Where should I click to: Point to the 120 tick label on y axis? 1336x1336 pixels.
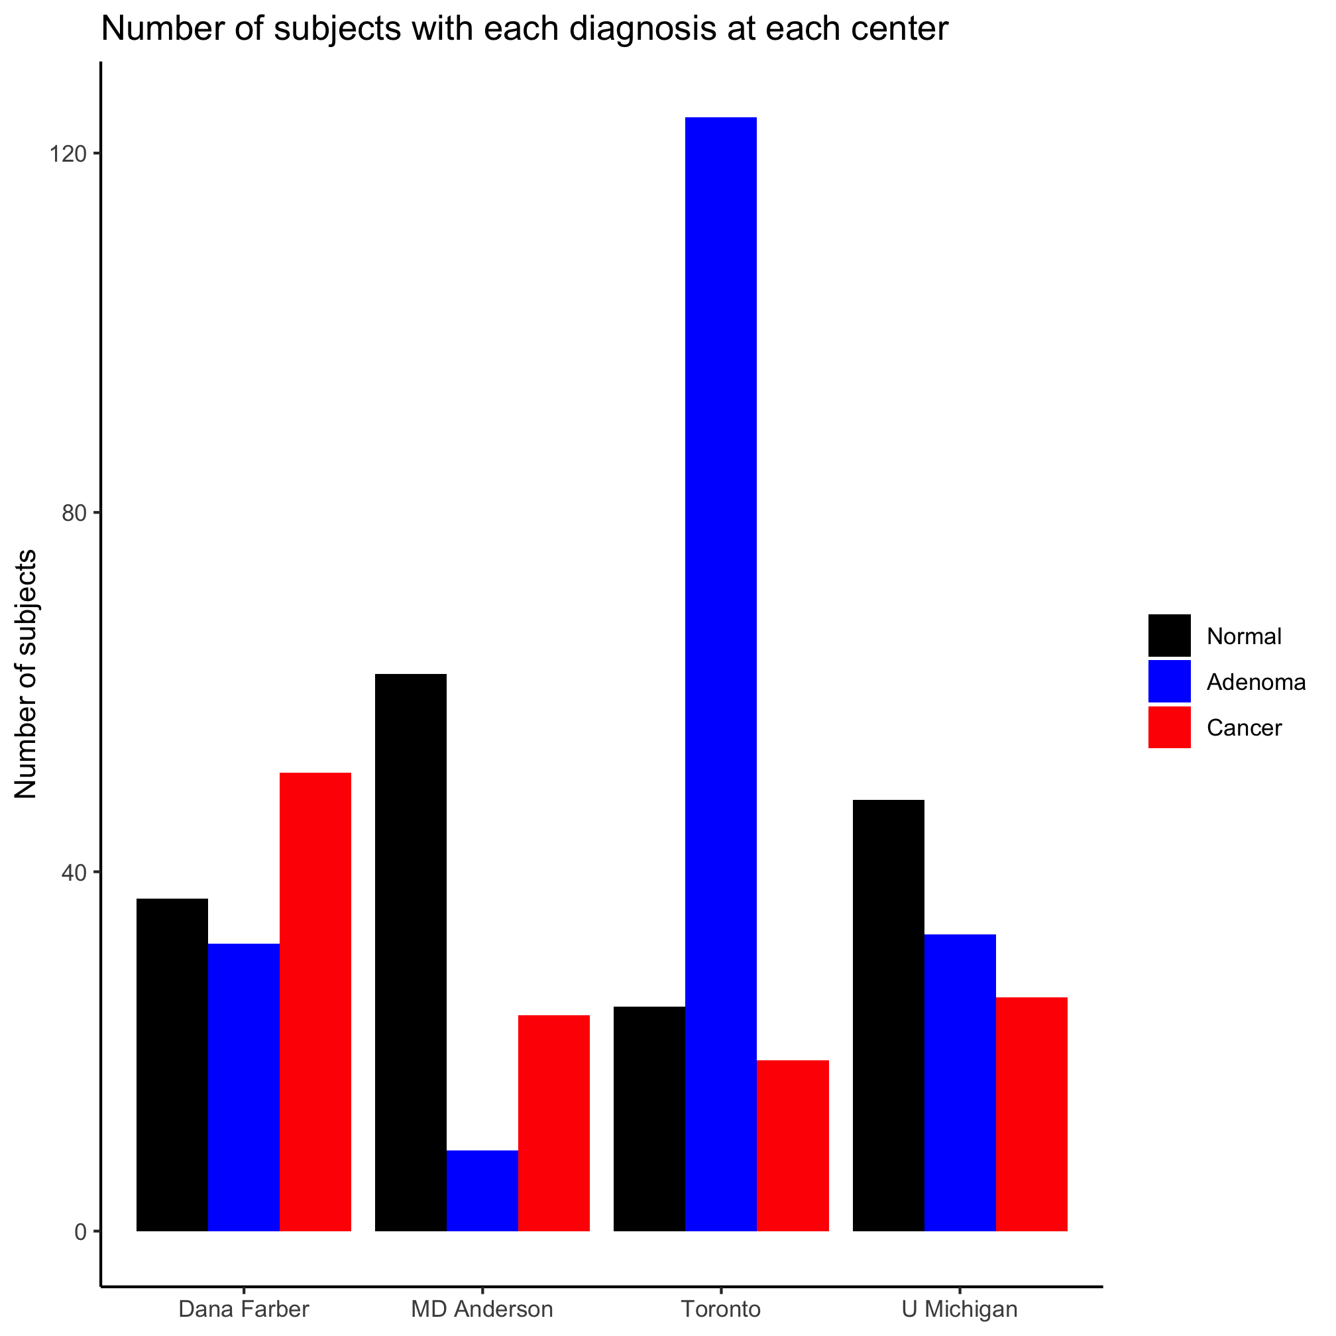(x=70, y=154)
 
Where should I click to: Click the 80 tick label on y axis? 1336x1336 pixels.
(x=77, y=514)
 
